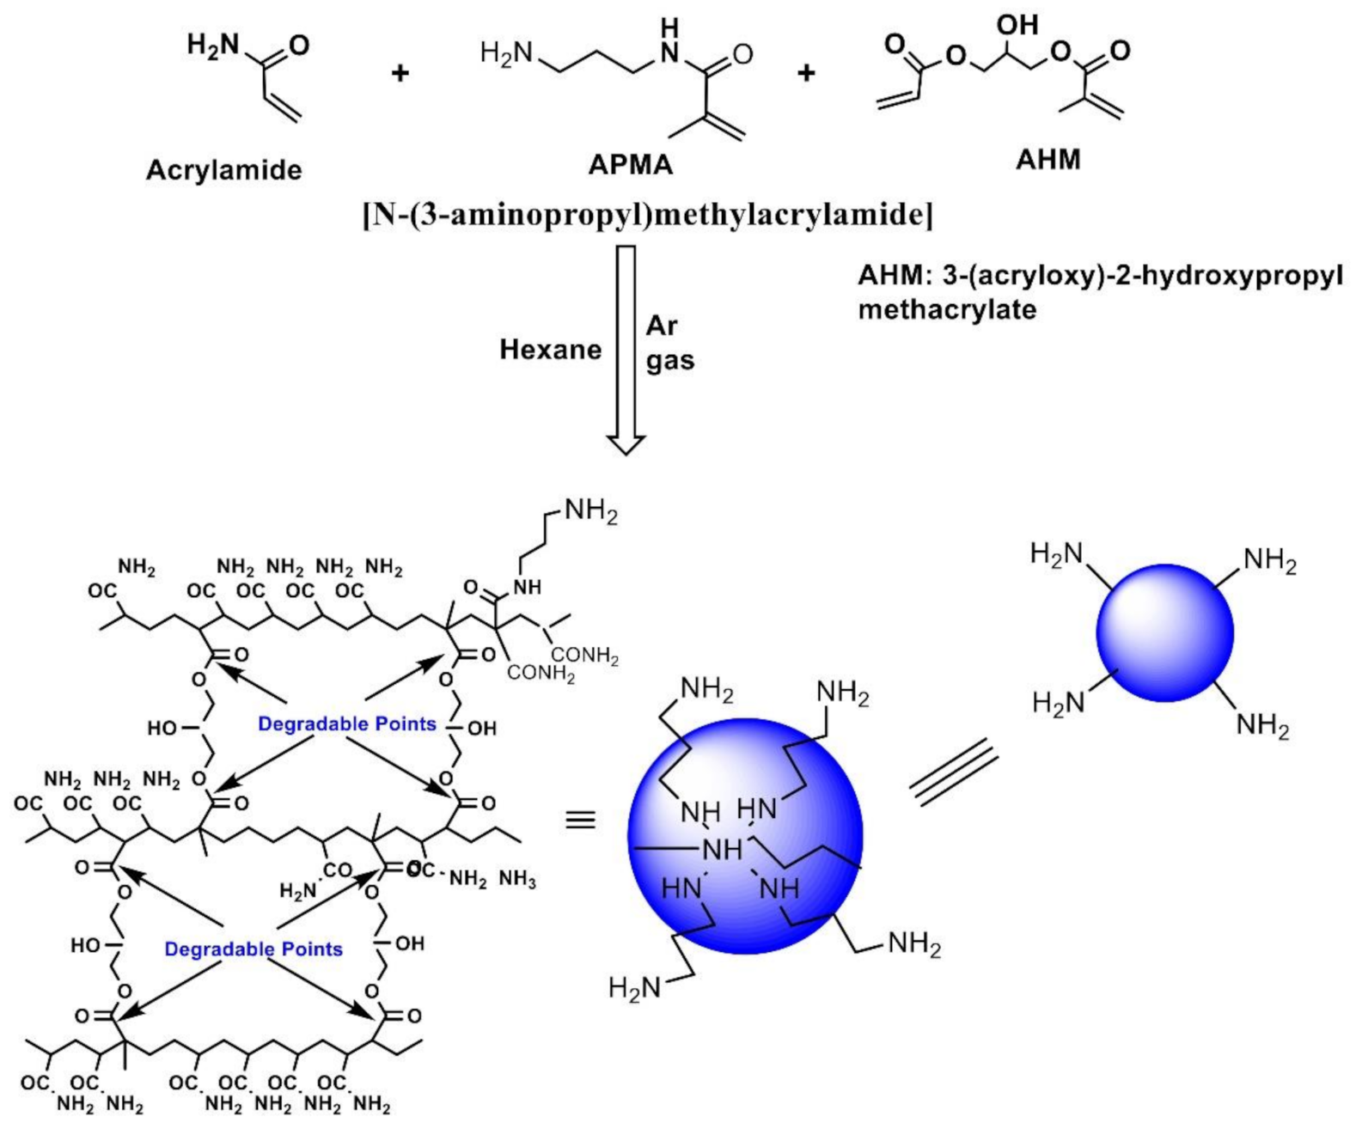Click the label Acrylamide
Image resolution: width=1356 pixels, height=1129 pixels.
[223, 170]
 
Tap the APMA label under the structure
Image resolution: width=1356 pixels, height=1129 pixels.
[630, 164]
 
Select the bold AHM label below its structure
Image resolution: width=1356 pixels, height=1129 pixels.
[1048, 160]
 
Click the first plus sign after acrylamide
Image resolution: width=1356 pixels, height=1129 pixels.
[400, 74]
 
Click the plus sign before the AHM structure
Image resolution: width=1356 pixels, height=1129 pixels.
[805, 74]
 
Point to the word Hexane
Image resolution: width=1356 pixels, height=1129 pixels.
[550, 350]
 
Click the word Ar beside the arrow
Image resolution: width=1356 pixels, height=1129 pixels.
[662, 326]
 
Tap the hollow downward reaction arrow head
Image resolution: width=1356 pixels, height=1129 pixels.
[626, 442]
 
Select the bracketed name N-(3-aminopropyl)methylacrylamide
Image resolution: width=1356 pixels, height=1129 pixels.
[649, 215]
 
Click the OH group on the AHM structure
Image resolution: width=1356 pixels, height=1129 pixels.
[1017, 25]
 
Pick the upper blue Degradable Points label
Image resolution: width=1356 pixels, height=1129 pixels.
[346, 724]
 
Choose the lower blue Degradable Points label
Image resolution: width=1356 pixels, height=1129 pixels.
[253, 949]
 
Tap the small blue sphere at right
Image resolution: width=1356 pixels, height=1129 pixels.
[1164, 633]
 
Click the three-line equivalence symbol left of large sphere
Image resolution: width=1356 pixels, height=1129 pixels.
[581, 821]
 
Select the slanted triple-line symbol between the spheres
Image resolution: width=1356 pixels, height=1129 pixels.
[953, 774]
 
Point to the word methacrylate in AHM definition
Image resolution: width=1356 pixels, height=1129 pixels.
[947, 309]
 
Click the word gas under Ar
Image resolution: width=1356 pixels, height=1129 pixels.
[670, 361]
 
